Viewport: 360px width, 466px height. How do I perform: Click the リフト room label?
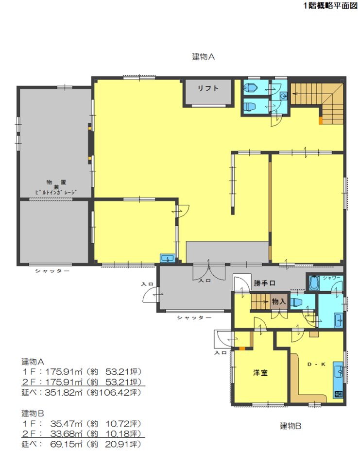click(x=208, y=88)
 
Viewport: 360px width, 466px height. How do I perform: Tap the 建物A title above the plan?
click(x=204, y=56)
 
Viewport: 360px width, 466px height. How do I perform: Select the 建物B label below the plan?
click(x=291, y=426)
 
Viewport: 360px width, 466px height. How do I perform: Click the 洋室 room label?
click(x=260, y=372)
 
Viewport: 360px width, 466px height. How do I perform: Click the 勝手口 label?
click(x=264, y=283)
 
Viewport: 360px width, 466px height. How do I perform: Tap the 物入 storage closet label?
click(x=279, y=301)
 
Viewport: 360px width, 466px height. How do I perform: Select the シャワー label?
click(x=331, y=278)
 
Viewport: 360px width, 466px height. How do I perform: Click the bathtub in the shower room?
click(x=314, y=283)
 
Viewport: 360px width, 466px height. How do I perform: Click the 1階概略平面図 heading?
click(x=330, y=5)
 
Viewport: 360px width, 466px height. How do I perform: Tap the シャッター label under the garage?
click(x=52, y=271)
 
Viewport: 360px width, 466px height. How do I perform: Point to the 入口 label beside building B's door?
click(x=221, y=352)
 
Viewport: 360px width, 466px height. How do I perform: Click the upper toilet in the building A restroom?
click(x=250, y=88)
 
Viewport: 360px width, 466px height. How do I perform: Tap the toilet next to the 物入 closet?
click(x=296, y=302)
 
